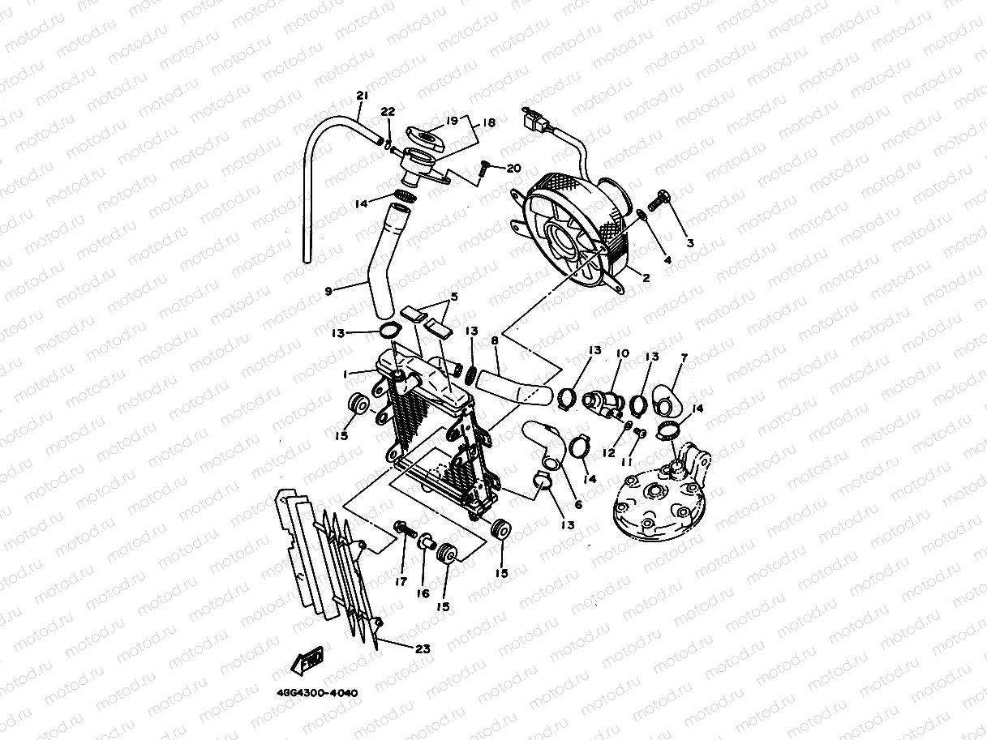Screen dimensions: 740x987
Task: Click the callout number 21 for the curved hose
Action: pyautogui.click(x=362, y=96)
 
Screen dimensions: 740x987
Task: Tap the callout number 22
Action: pyautogui.click(x=388, y=112)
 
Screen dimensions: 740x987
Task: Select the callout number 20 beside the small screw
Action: pyautogui.click(x=513, y=169)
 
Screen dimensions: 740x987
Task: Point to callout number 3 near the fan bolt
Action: pyautogui.click(x=689, y=242)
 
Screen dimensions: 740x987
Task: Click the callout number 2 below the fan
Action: pyautogui.click(x=646, y=278)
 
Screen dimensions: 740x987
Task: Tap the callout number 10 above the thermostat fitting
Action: pyautogui.click(x=622, y=354)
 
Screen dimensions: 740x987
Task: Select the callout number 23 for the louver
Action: pyautogui.click(x=423, y=648)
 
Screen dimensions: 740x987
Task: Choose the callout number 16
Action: pyautogui.click(x=423, y=593)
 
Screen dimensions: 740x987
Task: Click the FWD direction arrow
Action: pyautogui.click(x=307, y=663)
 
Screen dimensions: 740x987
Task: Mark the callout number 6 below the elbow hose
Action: pyautogui.click(x=577, y=503)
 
